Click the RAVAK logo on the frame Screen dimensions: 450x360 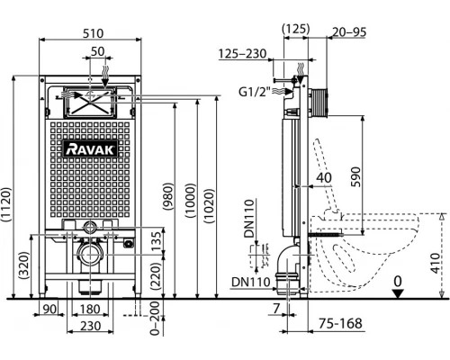[x=91, y=149]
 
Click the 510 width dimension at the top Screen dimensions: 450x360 [x=94, y=33]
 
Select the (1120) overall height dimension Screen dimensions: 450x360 [x=6, y=204]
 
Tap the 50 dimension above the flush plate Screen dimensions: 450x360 [x=97, y=51]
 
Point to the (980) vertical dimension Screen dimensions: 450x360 [x=169, y=196]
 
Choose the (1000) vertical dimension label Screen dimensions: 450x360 [x=190, y=200]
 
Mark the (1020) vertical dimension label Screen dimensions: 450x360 [x=209, y=206]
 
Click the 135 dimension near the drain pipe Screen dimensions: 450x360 [x=156, y=242]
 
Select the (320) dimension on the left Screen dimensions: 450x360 [x=24, y=265]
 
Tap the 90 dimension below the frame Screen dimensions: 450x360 [x=49, y=309]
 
